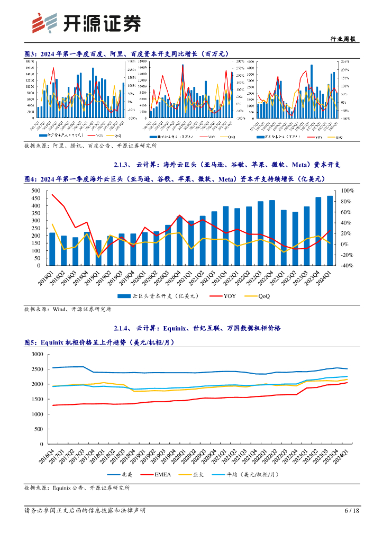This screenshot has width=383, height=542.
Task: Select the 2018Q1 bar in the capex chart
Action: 52,249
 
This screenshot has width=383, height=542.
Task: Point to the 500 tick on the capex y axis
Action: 35,191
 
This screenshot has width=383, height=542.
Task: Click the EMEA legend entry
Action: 161,475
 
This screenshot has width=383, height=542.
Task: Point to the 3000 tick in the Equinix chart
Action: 38,354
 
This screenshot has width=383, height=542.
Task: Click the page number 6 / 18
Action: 351,511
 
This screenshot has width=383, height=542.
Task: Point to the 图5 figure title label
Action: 31,342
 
